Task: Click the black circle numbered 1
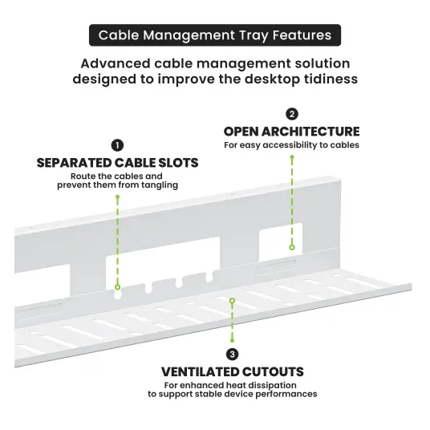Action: (x=117, y=145)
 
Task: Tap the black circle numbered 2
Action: (x=292, y=114)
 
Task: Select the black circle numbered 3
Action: (x=233, y=355)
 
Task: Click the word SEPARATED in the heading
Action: (x=74, y=163)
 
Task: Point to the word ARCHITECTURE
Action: (x=310, y=132)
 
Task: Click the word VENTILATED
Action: (x=201, y=372)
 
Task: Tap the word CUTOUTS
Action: (x=274, y=372)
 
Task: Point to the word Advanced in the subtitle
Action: (x=116, y=63)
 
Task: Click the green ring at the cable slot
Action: (x=118, y=287)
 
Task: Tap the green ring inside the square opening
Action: (x=292, y=247)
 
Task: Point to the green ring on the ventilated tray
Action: (x=233, y=301)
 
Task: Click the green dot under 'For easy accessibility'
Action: (x=292, y=157)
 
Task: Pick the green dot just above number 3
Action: (x=233, y=341)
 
